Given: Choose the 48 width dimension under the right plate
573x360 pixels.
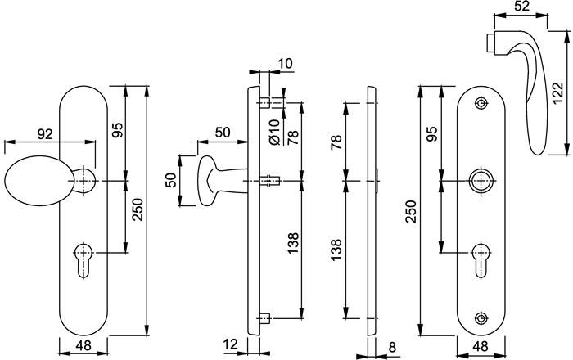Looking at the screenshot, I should point(481,347).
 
